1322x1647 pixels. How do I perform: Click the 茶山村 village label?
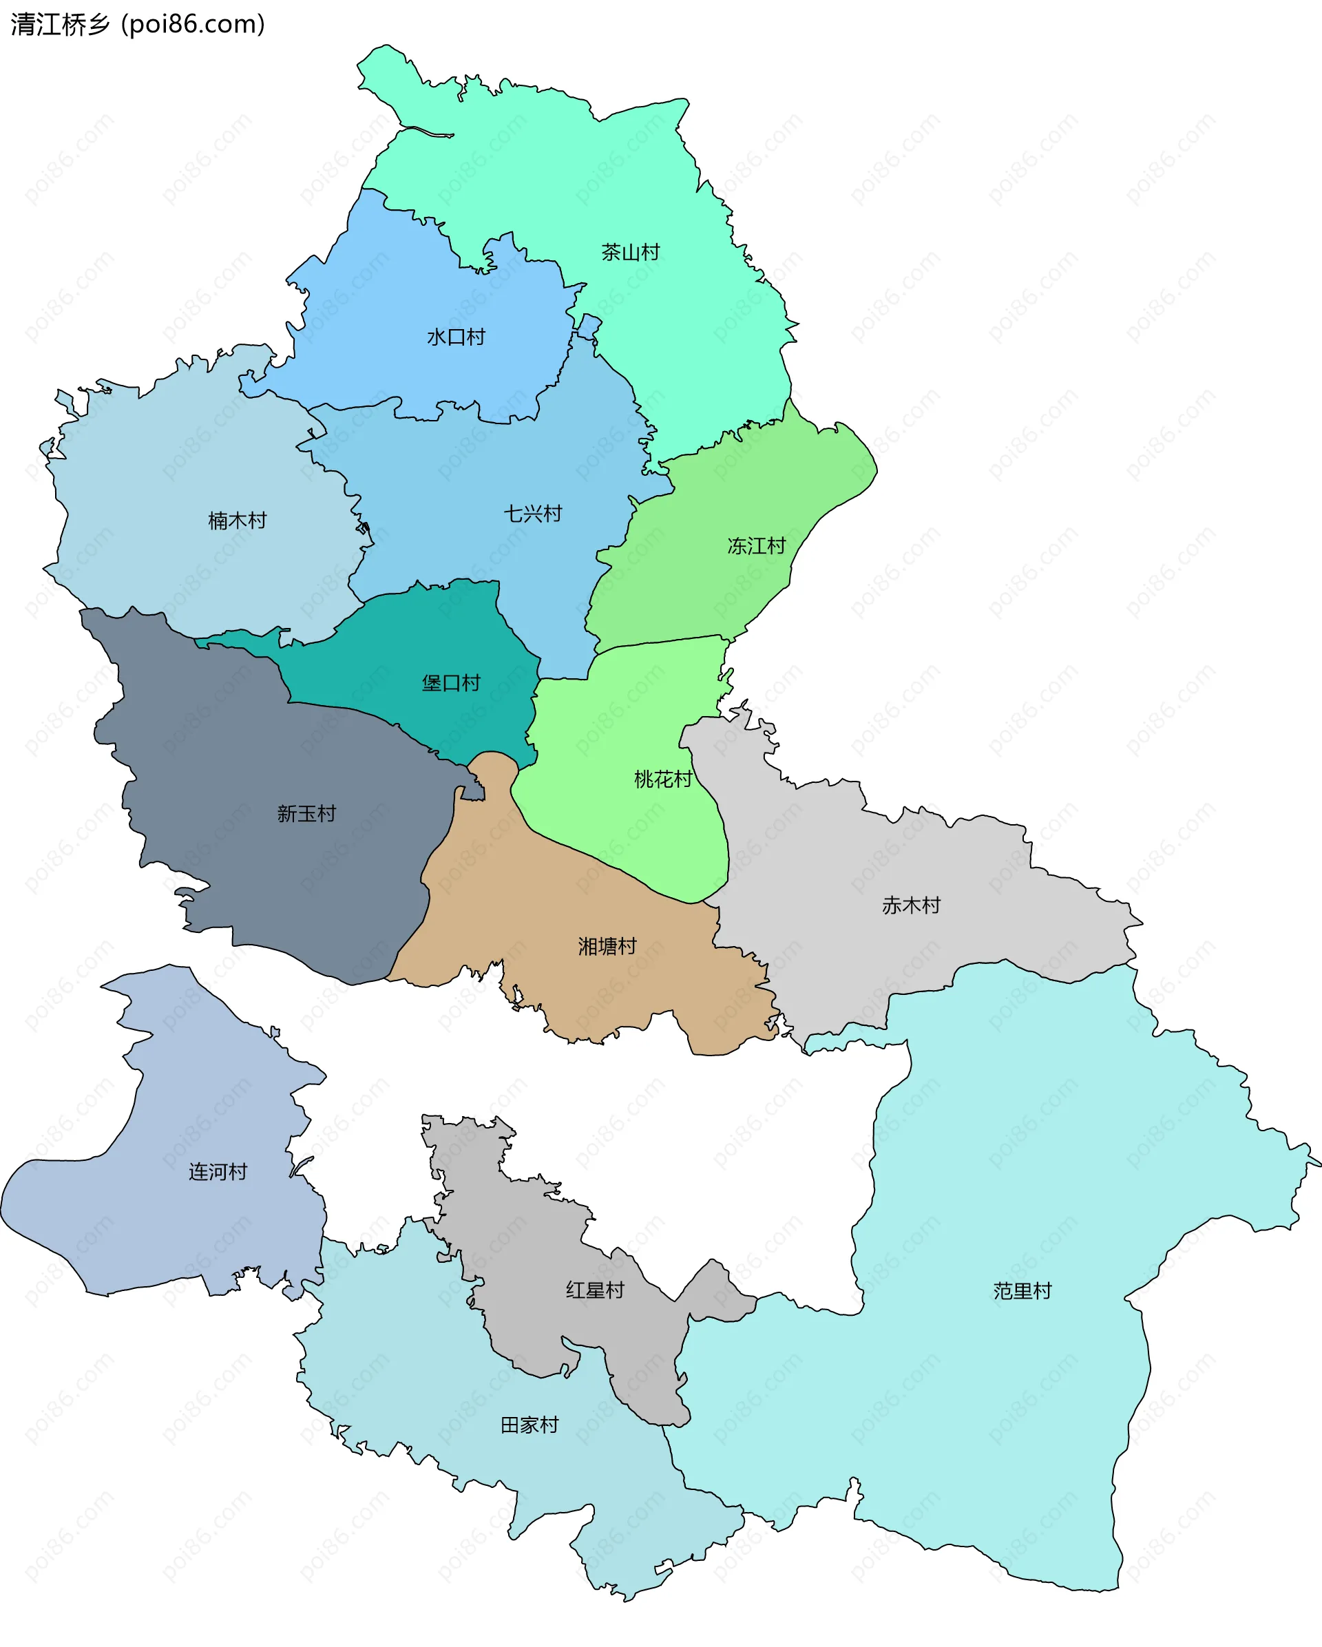click(x=630, y=252)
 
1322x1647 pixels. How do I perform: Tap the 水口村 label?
click(x=456, y=337)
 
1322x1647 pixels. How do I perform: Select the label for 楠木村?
click(x=238, y=521)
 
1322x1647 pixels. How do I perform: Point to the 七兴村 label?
click(x=533, y=514)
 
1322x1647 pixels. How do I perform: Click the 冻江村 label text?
click(x=756, y=546)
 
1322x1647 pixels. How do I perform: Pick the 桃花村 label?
click(x=663, y=779)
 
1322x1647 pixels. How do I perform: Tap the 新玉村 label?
click(x=306, y=814)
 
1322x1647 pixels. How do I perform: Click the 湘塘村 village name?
click(x=607, y=947)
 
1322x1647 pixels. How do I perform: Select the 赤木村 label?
click(x=911, y=905)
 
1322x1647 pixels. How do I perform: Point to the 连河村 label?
click(x=218, y=1172)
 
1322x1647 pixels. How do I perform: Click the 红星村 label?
click(x=595, y=1290)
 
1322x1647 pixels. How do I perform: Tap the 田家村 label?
click(x=529, y=1425)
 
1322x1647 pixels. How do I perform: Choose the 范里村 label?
click(x=1022, y=1291)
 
